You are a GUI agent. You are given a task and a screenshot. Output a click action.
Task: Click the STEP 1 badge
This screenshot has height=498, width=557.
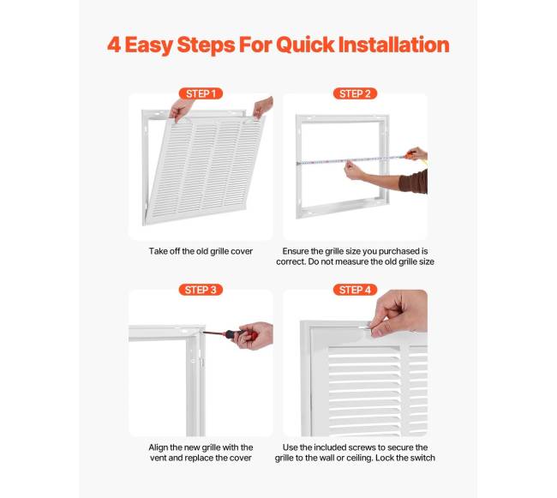201,93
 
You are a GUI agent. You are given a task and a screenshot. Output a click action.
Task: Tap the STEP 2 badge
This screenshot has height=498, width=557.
355,93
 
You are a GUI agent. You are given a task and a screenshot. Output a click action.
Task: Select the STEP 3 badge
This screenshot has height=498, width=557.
201,290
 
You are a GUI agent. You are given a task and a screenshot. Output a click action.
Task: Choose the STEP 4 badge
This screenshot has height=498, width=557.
355,290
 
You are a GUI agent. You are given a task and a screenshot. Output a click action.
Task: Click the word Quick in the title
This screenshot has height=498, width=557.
305,45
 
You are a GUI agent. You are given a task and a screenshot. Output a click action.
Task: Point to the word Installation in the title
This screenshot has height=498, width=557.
393,45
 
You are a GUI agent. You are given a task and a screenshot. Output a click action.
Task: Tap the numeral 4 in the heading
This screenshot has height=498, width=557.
114,45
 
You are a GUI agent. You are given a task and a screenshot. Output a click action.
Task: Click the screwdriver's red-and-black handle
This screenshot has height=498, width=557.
241,335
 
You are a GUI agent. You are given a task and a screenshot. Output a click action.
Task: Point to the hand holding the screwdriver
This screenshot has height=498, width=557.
253,335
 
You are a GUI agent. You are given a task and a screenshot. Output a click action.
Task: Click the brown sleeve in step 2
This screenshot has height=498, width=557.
414,182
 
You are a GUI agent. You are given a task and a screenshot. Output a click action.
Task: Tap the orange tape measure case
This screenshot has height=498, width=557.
410,155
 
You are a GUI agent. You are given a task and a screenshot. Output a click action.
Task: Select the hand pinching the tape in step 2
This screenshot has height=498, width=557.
354,171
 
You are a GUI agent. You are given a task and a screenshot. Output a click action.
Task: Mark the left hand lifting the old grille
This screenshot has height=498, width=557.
181,109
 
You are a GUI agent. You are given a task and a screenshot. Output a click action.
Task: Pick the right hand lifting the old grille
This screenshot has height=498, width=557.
263,107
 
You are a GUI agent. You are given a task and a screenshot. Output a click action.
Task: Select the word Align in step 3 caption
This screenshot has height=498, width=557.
158,447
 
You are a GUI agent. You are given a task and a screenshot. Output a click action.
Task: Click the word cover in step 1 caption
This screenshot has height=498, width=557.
242,251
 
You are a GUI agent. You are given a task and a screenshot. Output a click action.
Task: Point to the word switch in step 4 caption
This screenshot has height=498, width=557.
422,458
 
